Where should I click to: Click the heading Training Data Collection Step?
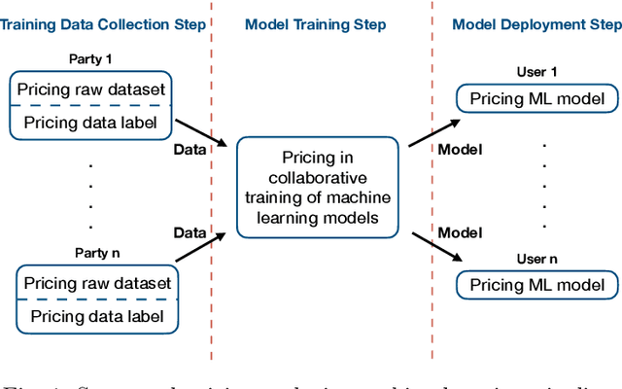[x=103, y=22]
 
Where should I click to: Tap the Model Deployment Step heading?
[x=535, y=22]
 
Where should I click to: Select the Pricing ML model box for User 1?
[x=536, y=98]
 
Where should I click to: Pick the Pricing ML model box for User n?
[x=536, y=285]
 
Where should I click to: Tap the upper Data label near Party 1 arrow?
[x=190, y=151]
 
